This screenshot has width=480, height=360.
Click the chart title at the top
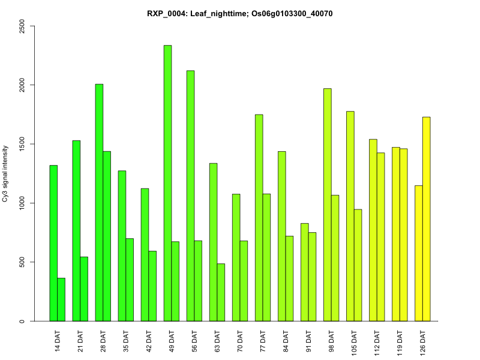click(x=240, y=13)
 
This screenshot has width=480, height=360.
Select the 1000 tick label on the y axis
click(x=22, y=203)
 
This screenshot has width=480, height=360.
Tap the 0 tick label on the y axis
click(x=22, y=321)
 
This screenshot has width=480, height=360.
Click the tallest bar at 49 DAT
click(x=168, y=183)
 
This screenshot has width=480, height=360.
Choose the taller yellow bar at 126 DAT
click(x=427, y=219)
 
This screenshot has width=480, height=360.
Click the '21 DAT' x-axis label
click(x=80, y=341)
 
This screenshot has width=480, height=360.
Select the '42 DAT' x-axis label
click(x=149, y=341)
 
